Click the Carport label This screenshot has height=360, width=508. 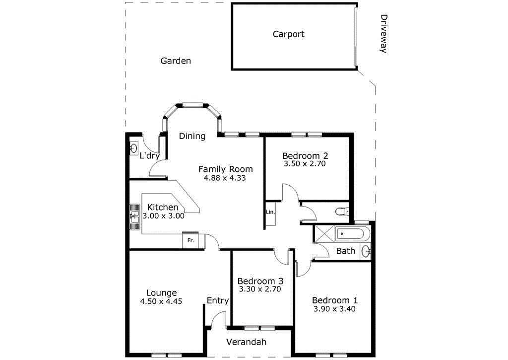pos(288,34)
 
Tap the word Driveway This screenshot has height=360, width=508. pos(383,33)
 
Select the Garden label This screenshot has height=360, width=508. pos(176,61)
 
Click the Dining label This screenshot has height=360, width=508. pos(192,136)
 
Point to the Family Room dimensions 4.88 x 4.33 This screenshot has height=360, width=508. pos(225,178)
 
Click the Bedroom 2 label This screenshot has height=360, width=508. pos(305,155)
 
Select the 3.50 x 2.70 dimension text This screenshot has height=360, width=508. pos(305,163)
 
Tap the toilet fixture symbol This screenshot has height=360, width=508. pos(341,212)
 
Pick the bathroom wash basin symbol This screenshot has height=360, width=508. pos(366,251)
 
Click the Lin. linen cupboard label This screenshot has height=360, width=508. pos(270,212)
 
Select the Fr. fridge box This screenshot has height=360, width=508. pos(190,241)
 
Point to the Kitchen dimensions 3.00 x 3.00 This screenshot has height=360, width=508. pos(163,216)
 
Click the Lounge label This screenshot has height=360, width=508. pos(161,293)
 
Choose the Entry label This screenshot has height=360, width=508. pos(218,300)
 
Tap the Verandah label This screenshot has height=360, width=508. pos(246,342)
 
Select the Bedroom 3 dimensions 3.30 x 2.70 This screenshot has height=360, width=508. pos(260,289)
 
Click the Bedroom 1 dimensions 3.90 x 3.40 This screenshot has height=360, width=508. pos(334,309)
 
